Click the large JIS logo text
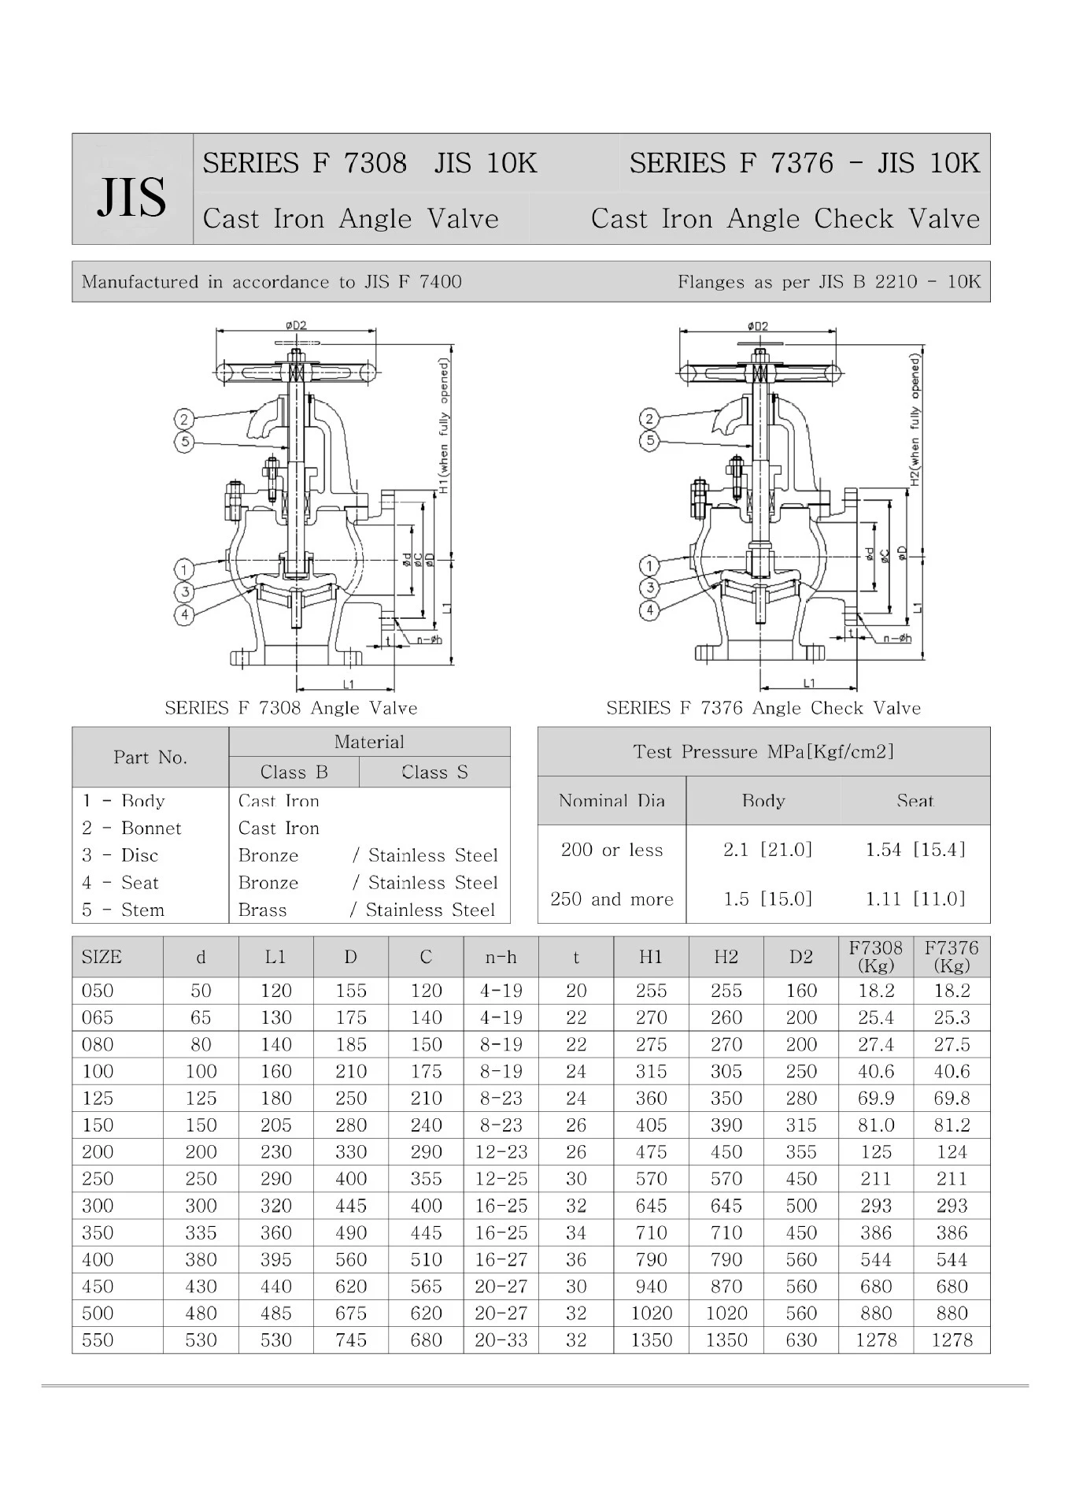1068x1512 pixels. click(x=131, y=197)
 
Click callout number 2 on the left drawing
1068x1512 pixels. click(x=184, y=418)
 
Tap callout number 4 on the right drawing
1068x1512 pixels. click(x=649, y=610)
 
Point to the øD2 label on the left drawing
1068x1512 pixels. click(x=296, y=324)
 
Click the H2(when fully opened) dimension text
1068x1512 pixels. click(x=915, y=419)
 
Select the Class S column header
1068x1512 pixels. click(x=434, y=772)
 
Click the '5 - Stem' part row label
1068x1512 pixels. click(x=124, y=910)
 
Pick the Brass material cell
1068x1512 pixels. click(x=263, y=910)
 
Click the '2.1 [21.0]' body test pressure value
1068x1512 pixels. click(x=767, y=849)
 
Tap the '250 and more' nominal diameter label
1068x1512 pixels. click(x=612, y=899)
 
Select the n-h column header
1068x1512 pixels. click(x=501, y=957)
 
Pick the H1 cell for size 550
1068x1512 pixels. click(x=652, y=1340)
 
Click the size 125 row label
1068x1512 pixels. click(x=98, y=1098)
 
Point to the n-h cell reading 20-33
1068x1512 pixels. click(x=501, y=1340)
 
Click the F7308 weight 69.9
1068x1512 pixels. click(x=876, y=1098)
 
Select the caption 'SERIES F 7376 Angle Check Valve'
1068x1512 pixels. click(x=763, y=708)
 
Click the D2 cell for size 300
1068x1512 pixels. click(x=801, y=1205)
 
